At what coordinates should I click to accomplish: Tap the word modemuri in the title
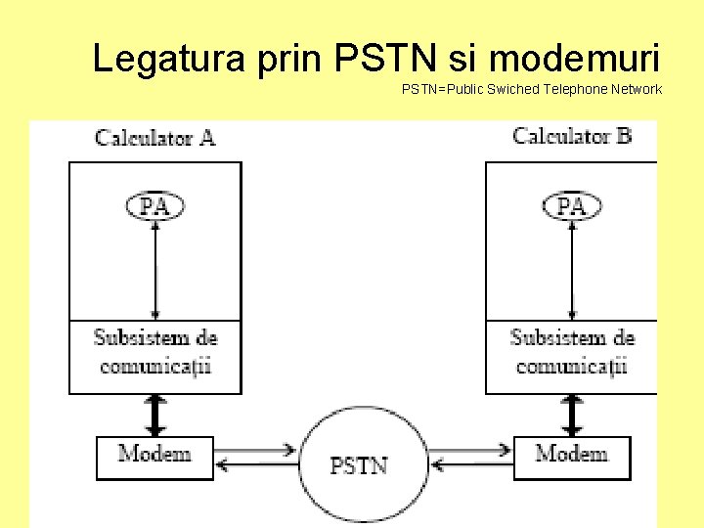click(x=574, y=59)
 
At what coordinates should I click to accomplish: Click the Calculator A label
click(x=154, y=137)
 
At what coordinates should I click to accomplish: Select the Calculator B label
click(x=572, y=136)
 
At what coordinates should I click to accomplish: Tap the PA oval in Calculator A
click(x=154, y=205)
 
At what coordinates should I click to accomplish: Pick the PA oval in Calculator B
click(x=572, y=205)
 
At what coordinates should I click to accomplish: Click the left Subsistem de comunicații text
click(x=154, y=352)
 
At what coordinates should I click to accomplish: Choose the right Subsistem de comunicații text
click(x=572, y=352)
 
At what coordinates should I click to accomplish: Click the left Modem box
click(x=154, y=456)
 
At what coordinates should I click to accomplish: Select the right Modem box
click(x=572, y=456)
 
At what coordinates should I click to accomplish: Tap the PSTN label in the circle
click(x=359, y=466)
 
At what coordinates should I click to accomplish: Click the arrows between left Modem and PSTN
click(x=255, y=458)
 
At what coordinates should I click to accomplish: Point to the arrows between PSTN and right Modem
click(x=469, y=458)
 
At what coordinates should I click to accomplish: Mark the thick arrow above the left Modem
click(x=154, y=415)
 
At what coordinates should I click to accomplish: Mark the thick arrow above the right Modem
click(x=572, y=415)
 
